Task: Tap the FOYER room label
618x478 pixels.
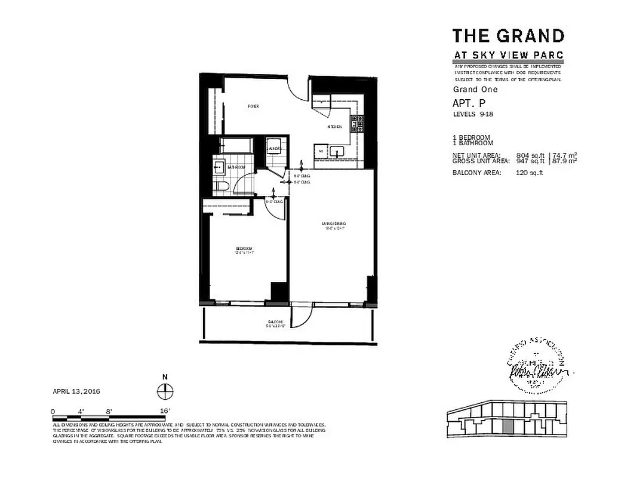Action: coord(253,106)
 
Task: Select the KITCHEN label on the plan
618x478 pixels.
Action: coord(334,127)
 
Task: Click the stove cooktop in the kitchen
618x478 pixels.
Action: coord(357,124)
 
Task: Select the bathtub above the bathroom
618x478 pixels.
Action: coord(235,146)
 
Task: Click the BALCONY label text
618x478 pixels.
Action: coord(275,323)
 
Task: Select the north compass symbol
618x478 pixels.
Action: coord(165,391)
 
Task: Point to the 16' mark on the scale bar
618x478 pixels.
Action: coord(165,411)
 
